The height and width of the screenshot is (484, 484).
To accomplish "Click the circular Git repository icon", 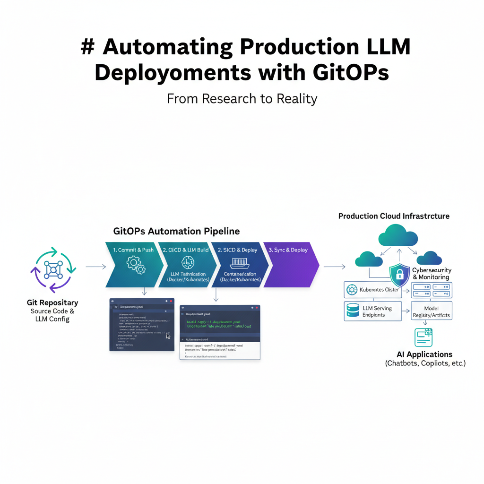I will point(53,270).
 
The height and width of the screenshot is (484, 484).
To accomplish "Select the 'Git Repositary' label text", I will point(52,302).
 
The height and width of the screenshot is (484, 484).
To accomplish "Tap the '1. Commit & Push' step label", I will point(133,250).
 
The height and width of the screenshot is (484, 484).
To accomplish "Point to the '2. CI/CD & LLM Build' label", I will point(185,250).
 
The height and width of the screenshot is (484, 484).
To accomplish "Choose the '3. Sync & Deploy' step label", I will point(288,250).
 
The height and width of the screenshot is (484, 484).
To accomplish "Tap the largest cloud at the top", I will point(398,235).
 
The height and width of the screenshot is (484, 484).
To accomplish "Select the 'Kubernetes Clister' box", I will point(373,290).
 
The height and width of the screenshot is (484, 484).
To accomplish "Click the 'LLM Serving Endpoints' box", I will point(373,311).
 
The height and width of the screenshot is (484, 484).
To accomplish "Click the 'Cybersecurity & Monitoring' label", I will point(432,274).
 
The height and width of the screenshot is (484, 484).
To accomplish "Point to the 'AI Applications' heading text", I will point(424,354).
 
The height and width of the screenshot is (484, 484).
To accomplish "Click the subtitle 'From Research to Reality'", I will point(242,99).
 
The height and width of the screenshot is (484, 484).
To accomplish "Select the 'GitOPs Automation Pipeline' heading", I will point(176,232).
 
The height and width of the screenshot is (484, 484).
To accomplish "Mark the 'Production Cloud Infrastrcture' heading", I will point(394,216).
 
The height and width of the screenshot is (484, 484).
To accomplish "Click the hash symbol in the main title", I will point(87,48).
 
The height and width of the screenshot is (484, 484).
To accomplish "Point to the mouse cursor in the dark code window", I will point(168,336).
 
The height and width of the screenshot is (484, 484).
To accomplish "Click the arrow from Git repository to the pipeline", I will point(95,267).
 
